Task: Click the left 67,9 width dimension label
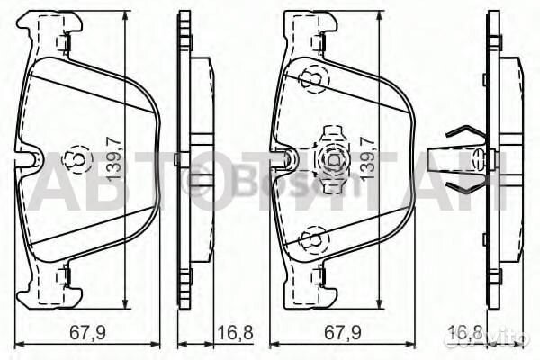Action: (88, 331)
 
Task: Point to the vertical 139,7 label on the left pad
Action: (113, 158)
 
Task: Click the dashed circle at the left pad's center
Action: (79, 159)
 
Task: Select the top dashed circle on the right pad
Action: (314, 80)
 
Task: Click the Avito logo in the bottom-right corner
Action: (503, 341)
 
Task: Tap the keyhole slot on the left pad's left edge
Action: (32, 160)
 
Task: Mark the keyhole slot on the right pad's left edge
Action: (287, 160)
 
